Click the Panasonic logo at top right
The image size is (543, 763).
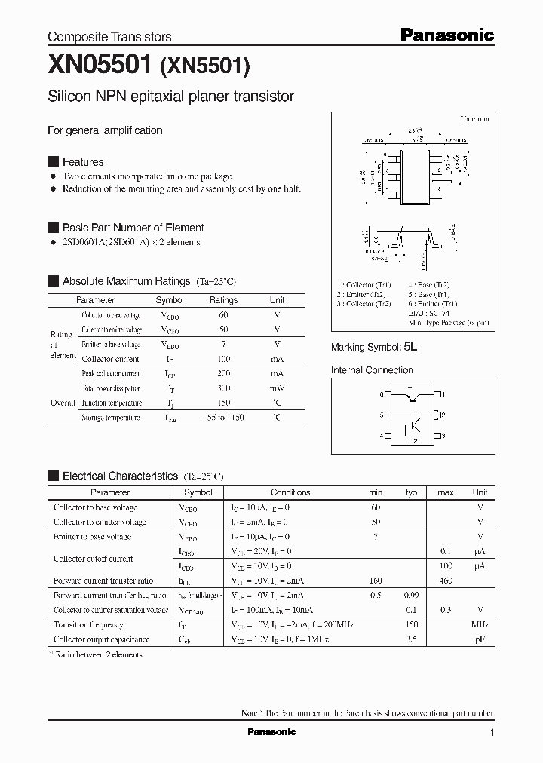[x=446, y=35]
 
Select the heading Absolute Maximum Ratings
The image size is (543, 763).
[x=126, y=281]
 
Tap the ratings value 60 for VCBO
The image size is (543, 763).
[x=223, y=314]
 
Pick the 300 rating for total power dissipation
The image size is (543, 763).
[x=223, y=388]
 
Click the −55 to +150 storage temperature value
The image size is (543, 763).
[x=223, y=418]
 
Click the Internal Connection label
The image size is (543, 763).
[x=372, y=370]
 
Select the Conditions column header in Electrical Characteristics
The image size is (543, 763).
[x=290, y=492]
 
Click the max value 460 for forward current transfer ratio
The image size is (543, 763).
[x=445, y=581]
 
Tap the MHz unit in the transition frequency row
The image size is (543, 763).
[x=480, y=624]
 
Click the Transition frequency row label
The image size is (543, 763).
[x=87, y=624]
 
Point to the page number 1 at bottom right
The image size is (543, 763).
[x=492, y=733]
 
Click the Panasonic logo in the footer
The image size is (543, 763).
[x=271, y=732]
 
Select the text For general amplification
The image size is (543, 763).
[x=105, y=130]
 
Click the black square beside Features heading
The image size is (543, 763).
[x=53, y=162]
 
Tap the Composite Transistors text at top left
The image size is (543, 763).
[x=109, y=36]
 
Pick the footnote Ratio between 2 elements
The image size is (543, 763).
[x=98, y=654]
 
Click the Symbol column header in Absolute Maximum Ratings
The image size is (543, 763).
[x=170, y=299]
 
